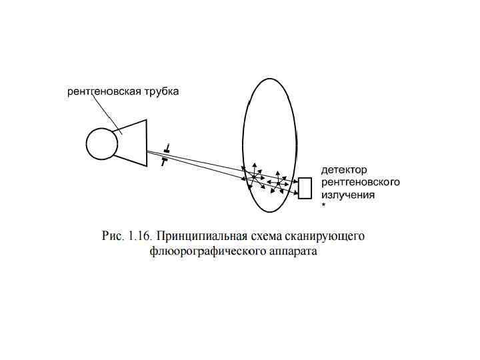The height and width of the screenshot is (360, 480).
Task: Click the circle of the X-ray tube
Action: (102, 143)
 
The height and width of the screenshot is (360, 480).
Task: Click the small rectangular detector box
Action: (305, 188)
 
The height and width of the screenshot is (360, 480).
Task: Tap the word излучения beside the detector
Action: (348, 195)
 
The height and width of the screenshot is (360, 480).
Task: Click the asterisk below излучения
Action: (324, 207)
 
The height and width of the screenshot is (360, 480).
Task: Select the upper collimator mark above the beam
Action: (167, 147)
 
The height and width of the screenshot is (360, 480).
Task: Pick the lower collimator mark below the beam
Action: (163, 161)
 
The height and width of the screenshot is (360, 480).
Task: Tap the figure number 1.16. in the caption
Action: (139, 237)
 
